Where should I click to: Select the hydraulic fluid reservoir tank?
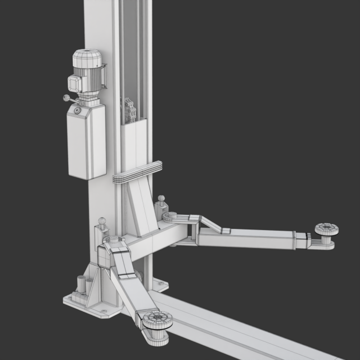(x=87, y=143)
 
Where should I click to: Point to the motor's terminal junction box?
(x=74, y=83)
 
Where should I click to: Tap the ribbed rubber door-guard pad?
(x=137, y=173)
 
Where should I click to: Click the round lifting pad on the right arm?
(x=326, y=229)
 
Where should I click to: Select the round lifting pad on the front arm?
(x=155, y=321)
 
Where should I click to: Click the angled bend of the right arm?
(x=210, y=226)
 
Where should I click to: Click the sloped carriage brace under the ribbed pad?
(x=141, y=208)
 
